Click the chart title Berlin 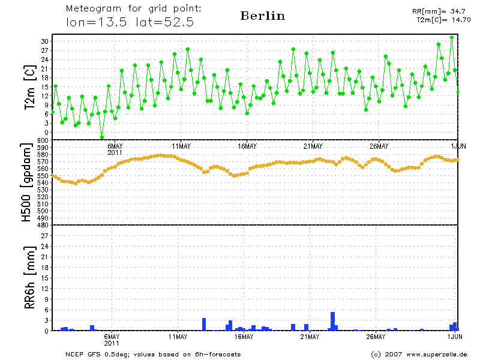coord(262,16)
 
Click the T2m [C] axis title coord(29,88)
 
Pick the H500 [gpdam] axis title coord(27,183)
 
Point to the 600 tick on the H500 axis coord(42,140)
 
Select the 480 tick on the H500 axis coord(42,225)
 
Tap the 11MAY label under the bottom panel coord(178,337)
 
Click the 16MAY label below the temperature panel coord(247,146)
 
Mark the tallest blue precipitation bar coord(333,321)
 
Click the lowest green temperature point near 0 coord(102,137)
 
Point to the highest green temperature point coord(452,37)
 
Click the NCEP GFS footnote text coord(153,354)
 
